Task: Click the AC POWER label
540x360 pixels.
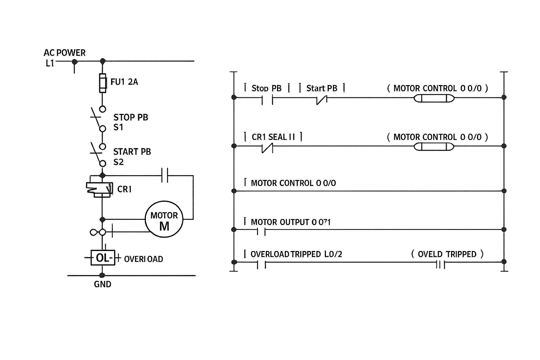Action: pyautogui.click(x=64, y=53)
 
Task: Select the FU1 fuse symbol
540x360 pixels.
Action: pyautogui.click(x=102, y=83)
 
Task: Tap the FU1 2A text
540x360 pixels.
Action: pyautogui.click(x=124, y=82)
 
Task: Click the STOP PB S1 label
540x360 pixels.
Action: pyautogui.click(x=130, y=122)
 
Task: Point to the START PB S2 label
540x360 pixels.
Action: pyautogui.click(x=132, y=157)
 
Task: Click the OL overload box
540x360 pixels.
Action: pyautogui.click(x=102, y=258)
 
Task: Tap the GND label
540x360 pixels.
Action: pyautogui.click(x=102, y=284)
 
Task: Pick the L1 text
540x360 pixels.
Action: pyautogui.click(x=50, y=64)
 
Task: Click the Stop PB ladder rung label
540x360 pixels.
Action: pyautogui.click(x=266, y=88)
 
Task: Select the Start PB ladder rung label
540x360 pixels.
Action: pyautogui.click(x=322, y=88)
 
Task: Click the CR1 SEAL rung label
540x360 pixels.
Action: pyautogui.click(x=273, y=137)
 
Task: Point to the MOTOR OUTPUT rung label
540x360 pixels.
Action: pyautogui.click(x=290, y=222)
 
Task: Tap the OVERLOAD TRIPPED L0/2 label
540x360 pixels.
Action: pyautogui.click(x=296, y=254)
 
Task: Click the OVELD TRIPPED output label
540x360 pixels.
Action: pyautogui.click(x=447, y=254)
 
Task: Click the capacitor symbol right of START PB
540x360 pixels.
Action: pyautogui.click(x=165, y=175)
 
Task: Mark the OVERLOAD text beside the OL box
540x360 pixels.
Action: pyautogui.click(x=143, y=259)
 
